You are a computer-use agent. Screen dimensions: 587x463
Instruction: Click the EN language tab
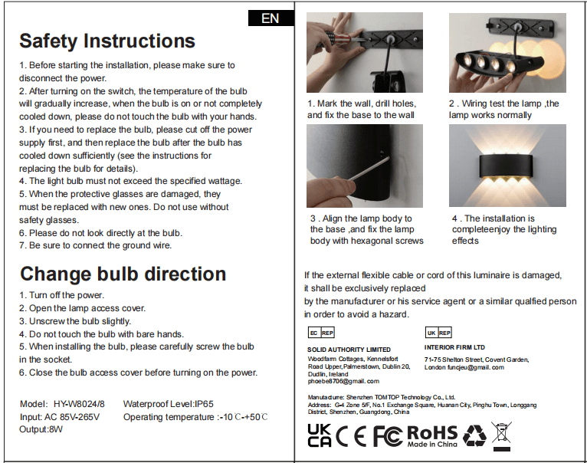pos(271,18)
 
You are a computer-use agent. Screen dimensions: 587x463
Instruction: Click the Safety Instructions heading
pos(107,41)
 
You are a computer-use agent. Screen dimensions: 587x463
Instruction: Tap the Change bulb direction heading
pos(123,274)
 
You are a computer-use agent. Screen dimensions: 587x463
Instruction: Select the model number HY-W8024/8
pos(79,404)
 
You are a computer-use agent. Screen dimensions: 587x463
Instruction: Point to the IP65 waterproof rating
pos(204,404)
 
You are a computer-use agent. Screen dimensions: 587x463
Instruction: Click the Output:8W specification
pos(41,429)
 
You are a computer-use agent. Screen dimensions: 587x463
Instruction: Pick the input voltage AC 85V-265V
pos(72,417)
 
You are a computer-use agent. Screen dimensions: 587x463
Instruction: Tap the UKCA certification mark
pos(320,435)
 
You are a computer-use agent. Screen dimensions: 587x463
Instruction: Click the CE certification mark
pos(351,436)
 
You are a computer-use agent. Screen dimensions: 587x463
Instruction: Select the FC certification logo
pos(388,436)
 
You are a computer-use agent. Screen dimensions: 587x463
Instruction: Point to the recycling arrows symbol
pos(474,435)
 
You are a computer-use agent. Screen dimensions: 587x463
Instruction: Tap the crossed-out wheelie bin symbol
pos(501,436)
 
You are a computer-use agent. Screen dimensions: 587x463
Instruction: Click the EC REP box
pos(321,333)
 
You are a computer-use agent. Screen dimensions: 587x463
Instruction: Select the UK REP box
pos(438,333)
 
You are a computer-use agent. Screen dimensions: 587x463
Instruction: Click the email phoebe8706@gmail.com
pos(343,381)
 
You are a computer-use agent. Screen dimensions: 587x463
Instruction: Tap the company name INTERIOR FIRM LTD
pos(454,347)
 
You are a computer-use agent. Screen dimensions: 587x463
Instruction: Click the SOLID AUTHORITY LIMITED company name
pos(349,350)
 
